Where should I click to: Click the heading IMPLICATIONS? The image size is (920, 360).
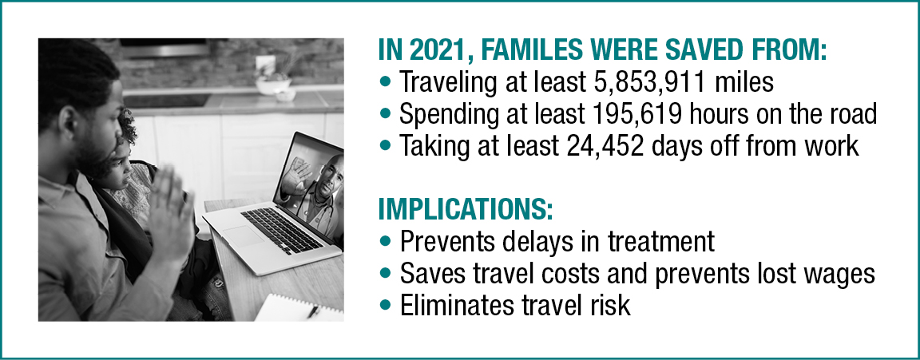pos(464,208)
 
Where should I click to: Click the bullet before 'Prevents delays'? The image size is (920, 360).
pos(386,240)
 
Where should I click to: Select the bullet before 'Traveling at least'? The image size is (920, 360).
pos(386,82)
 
